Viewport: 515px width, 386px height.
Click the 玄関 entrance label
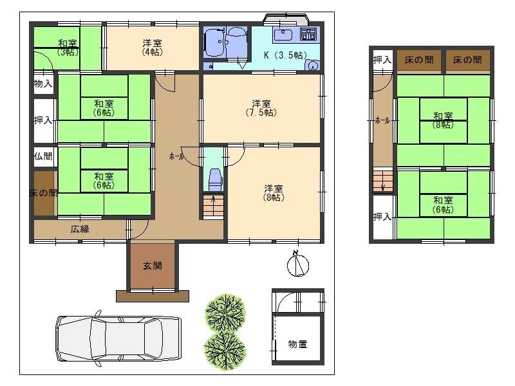coord(153,266)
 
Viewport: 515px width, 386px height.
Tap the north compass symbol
coord(298,264)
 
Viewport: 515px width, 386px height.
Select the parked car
coord(118,339)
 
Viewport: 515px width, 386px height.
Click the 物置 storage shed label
coord(297,344)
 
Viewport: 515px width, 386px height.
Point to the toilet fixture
coord(215,179)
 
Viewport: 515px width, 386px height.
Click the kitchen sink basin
coord(283,35)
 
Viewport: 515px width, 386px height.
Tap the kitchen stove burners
coord(309,34)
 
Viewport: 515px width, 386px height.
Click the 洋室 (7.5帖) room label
coord(261,108)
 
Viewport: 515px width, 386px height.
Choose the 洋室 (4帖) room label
coord(152,48)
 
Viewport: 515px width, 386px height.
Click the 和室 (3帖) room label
coord(68,48)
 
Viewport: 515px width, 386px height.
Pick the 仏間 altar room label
coord(43,156)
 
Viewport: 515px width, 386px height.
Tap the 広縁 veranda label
coord(80,229)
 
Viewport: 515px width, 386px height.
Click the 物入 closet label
coord(43,84)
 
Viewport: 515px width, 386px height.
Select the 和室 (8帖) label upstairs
coord(443,120)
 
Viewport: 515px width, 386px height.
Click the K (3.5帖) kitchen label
coord(285,55)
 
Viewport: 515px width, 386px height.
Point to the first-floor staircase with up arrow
coord(213,206)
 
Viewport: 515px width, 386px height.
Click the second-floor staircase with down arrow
coord(383,180)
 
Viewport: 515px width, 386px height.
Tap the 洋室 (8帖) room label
coord(274,193)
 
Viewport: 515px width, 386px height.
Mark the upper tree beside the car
coord(225,312)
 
